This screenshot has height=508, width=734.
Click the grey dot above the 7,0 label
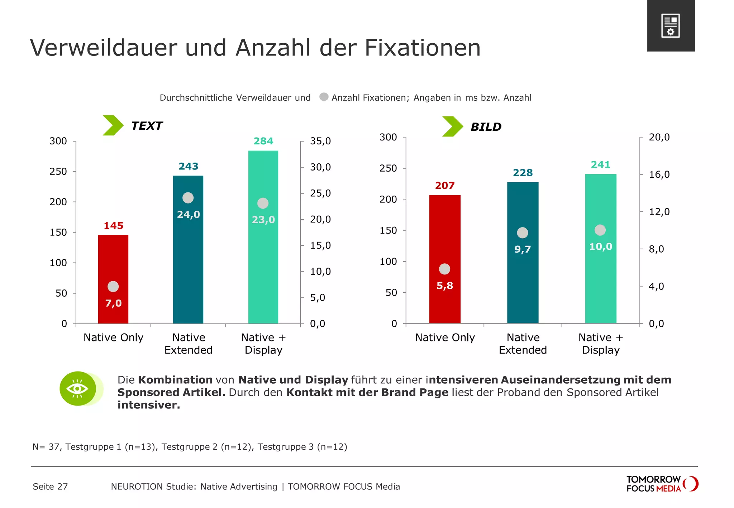point(113,287)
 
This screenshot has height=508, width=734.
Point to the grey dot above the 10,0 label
point(600,230)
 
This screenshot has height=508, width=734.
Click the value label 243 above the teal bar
point(189,166)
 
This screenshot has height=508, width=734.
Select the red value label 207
point(445,186)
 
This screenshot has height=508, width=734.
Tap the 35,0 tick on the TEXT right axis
point(320,141)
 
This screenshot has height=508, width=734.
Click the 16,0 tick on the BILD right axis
point(659,174)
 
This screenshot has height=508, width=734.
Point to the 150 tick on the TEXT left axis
point(58,233)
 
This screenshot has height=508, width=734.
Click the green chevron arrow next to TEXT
point(113,125)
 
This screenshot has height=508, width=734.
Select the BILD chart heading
point(486,127)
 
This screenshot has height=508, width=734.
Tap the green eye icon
point(78,389)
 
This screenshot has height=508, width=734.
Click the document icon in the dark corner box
point(671,26)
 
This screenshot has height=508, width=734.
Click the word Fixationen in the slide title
point(423,48)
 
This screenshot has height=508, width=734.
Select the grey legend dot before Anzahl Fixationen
point(324,97)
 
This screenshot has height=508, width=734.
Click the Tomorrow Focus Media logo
point(662,484)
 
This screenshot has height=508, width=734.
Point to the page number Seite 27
point(50,487)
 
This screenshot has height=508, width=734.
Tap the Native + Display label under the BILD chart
point(601,344)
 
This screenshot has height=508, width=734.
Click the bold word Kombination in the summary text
point(175,380)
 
